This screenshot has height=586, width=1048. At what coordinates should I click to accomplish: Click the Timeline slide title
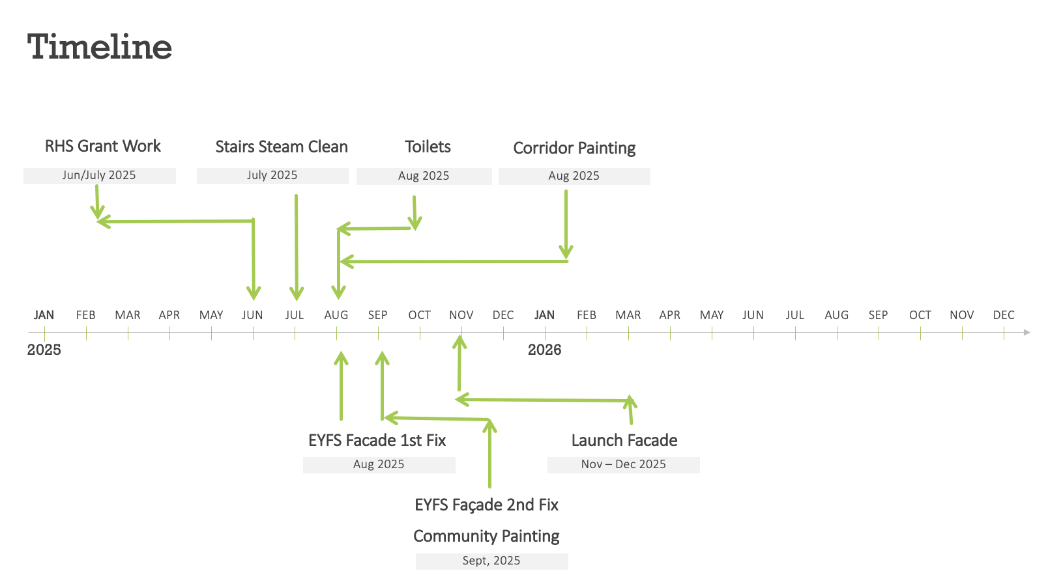click(99, 47)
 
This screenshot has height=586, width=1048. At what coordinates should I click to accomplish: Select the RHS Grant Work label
click(102, 146)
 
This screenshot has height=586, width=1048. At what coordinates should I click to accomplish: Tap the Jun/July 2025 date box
click(100, 176)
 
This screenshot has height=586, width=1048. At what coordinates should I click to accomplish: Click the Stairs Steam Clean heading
click(282, 147)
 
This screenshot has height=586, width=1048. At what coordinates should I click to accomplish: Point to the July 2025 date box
click(272, 176)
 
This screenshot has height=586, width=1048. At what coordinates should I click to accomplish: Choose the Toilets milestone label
click(428, 147)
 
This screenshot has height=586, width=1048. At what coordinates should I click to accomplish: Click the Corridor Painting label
click(574, 148)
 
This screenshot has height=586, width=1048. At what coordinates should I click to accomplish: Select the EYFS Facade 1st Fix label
click(377, 440)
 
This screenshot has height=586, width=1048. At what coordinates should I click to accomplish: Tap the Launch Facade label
click(624, 440)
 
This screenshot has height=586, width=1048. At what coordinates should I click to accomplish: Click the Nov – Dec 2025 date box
click(624, 465)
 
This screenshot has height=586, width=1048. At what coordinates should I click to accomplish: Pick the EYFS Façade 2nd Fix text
click(487, 505)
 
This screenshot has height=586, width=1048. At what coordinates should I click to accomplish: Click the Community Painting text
click(487, 536)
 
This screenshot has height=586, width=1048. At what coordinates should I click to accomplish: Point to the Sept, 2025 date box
click(491, 561)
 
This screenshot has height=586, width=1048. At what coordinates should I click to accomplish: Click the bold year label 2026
click(545, 350)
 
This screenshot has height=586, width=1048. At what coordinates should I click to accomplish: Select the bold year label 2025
click(44, 350)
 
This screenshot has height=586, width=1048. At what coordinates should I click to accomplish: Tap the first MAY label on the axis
click(211, 315)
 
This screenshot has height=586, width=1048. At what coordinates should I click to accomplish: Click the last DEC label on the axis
click(1004, 315)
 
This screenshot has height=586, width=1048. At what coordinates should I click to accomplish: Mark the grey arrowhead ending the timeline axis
click(1026, 332)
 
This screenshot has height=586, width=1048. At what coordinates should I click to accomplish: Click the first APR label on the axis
click(169, 315)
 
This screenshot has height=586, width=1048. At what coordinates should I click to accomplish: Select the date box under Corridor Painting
click(574, 176)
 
